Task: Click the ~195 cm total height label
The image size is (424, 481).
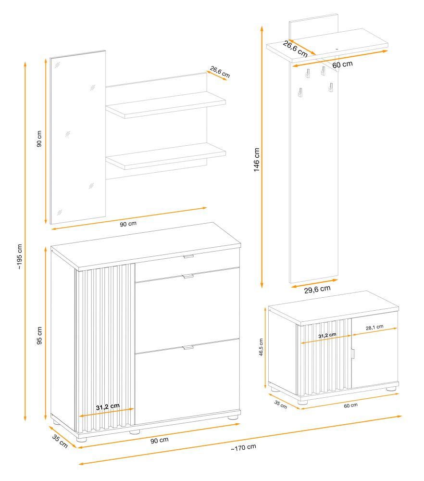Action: [x=20, y=256]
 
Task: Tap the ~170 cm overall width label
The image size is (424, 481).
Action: [x=243, y=447]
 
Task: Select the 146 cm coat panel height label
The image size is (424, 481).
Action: [x=257, y=160]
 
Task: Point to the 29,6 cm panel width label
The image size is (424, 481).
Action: [x=317, y=289]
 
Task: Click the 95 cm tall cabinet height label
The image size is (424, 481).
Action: [x=39, y=335]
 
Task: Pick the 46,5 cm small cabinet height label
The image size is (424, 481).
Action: [x=261, y=347]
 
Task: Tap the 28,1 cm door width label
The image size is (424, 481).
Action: [x=374, y=327]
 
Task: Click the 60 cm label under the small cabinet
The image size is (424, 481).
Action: [x=350, y=405]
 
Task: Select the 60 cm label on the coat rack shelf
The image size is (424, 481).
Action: [x=342, y=64]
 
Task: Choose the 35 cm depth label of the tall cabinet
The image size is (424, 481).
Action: [x=60, y=441]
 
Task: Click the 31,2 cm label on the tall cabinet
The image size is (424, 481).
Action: [x=108, y=407]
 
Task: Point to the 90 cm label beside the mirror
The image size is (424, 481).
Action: [x=39, y=139]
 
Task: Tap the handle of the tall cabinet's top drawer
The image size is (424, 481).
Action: [x=188, y=256]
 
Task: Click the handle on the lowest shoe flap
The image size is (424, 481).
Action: [x=188, y=348]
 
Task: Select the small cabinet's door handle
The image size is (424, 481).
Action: [x=353, y=354]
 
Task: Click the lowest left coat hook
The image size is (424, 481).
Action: [x=300, y=92]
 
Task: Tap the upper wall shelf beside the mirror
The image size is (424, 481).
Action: [x=166, y=104]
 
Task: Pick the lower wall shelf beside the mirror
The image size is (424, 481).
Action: [x=166, y=156]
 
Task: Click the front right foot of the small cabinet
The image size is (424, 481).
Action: [x=391, y=389]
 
